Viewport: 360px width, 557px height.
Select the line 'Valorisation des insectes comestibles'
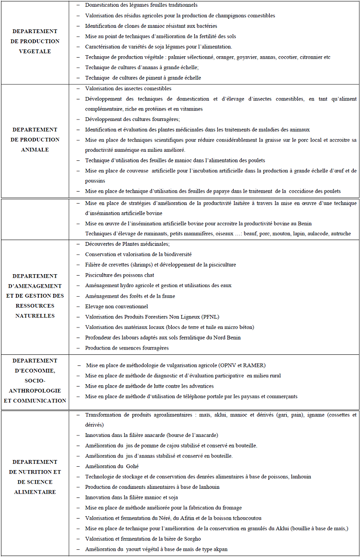click(128, 88)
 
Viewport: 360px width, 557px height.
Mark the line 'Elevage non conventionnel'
click(117, 306)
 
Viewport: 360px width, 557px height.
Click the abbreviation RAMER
click(255, 365)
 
